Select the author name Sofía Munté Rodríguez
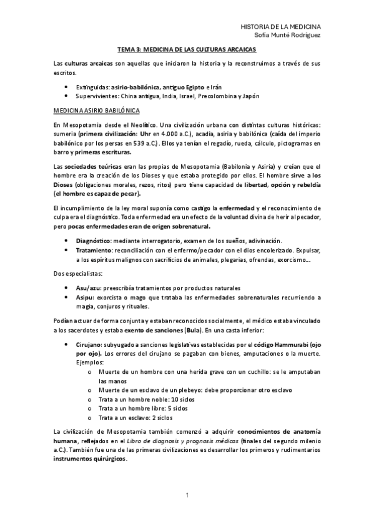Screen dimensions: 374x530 pyautogui.click(x=285, y=36)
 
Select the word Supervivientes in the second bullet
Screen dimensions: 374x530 pyautogui.click(x=97, y=96)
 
